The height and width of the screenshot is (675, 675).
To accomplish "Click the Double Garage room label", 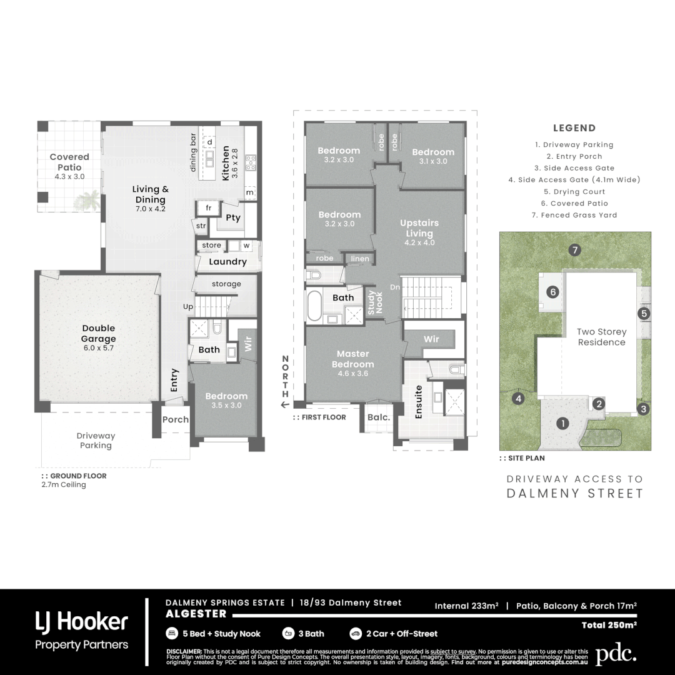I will pyautogui.click(x=98, y=334).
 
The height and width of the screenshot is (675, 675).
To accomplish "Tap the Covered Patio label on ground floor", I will pyautogui.click(x=69, y=162).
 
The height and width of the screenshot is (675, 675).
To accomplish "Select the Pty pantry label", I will pyautogui.click(x=232, y=218).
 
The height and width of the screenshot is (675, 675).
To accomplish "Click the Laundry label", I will pyautogui.click(x=227, y=262).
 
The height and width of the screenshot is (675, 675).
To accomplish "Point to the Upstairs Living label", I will pyautogui.click(x=419, y=228).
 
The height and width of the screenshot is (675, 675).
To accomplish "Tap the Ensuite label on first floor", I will pyautogui.click(x=418, y=401).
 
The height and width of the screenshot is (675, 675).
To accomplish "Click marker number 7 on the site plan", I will pyautogui.click(x=575, y=250).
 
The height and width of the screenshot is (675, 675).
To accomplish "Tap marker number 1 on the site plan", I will pyautogui.click(x=563, y=423).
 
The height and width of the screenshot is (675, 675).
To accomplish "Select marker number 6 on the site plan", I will pyautogui.click(x=552, y=292).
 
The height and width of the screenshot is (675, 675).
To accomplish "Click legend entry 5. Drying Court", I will pyautogui.click(x=574, y=192).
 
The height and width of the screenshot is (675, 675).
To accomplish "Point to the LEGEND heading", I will pyautogui.click(x=574, y=128).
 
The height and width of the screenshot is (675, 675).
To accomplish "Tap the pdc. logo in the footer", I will pyautogui.click(x=616, y=654).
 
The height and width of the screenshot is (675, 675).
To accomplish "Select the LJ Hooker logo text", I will pyautogui.click(x=81, y=622).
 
